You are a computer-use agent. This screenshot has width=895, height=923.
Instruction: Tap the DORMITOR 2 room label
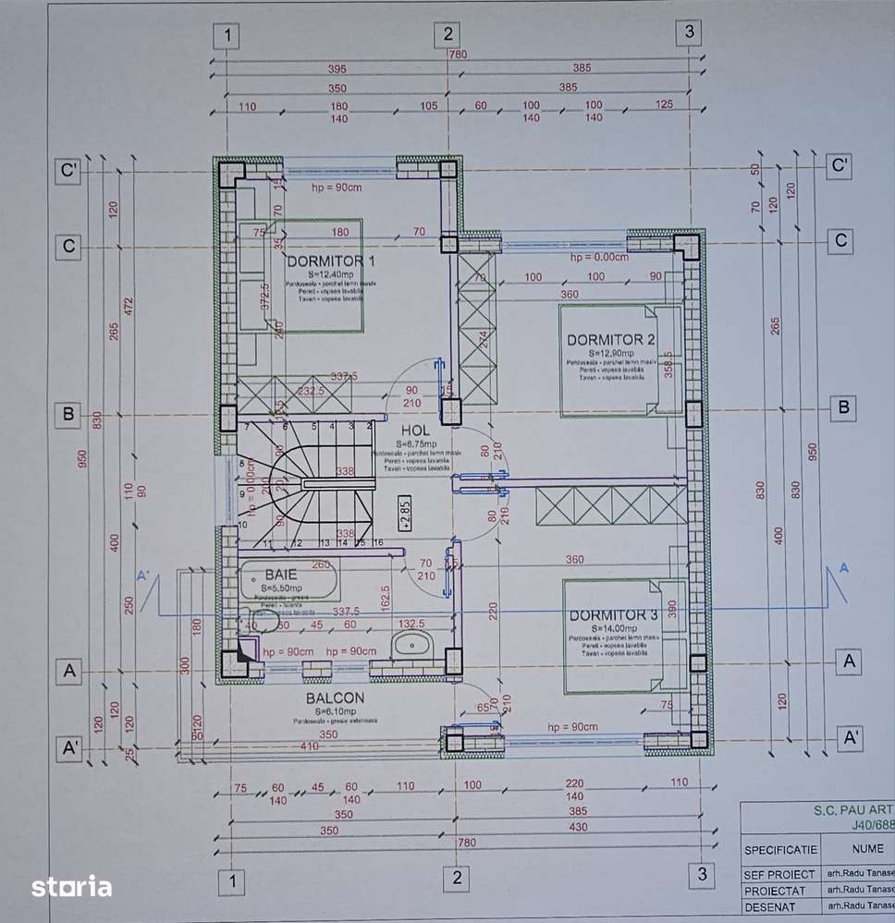click(x=611, y=339)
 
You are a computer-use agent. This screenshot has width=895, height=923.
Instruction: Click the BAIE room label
click(x=281, y=574)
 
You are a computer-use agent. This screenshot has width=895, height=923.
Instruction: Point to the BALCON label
click(x=335, y=698)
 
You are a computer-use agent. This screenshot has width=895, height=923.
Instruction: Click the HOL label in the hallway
click(x=416, y=431)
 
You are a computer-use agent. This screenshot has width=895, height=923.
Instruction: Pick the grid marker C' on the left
click(x=67, y=171)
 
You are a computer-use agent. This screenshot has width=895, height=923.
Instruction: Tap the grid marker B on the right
click(x=842, y=407)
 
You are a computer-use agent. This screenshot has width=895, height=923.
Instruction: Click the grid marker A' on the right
click(x=850, y=737)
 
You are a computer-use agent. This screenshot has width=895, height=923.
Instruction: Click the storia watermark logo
click(x=72, y=887)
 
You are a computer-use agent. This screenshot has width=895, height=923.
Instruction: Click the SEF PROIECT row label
click(x=779, y=874)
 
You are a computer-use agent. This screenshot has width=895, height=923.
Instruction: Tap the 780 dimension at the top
click(x=458, y=55)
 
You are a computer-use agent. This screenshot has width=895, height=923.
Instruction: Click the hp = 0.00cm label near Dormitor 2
click(x=599, y=257)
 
